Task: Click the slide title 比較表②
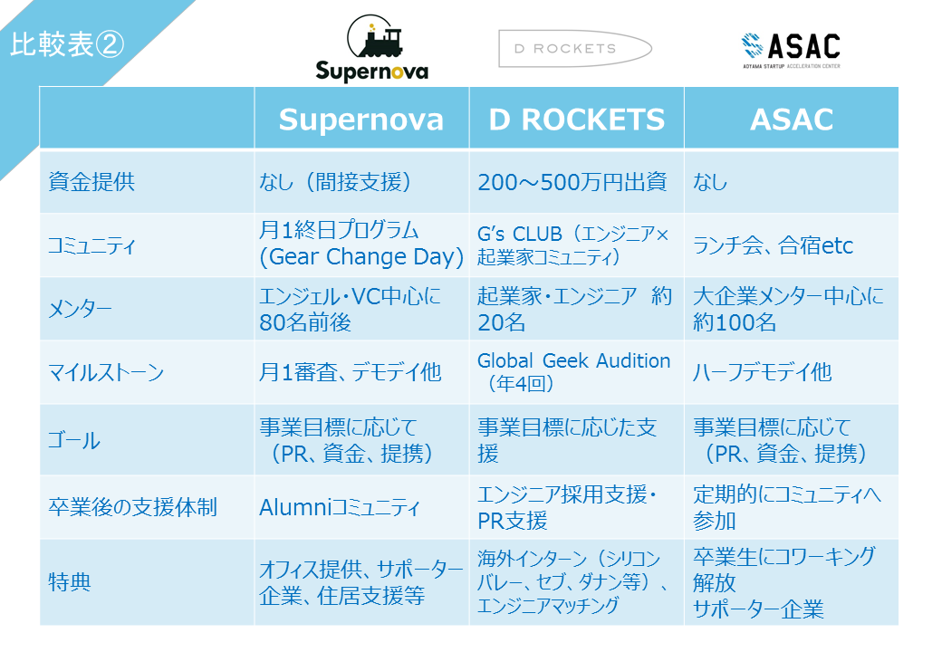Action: [67, 45]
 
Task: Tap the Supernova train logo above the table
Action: [372, 48]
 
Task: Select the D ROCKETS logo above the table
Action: [575, 49]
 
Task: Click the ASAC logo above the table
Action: [792, 51]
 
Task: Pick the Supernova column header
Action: [361, 119]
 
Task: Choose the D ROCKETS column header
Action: [577, 120]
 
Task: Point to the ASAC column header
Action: [792, 120]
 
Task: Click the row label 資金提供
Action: [91, 181]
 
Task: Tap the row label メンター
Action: [80, 309]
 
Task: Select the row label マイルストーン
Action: [106, 373]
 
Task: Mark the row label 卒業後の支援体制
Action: [132, 507]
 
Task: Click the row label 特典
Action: [70, 581]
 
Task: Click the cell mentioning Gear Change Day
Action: [361, 244]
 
